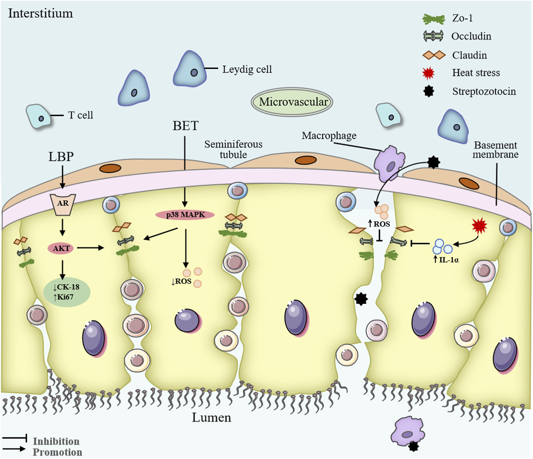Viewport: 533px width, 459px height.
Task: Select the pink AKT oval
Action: [61, 248]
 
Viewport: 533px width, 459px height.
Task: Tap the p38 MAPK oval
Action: [185, 215]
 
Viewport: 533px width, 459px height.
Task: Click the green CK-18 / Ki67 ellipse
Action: [67, 292]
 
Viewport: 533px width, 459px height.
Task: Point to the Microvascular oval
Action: [292, 102]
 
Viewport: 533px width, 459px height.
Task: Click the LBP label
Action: [61, 157]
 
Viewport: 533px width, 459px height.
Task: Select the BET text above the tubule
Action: [185, 126]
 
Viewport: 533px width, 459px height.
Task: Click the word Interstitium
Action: [40, 13]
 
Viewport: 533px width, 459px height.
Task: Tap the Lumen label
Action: [211, 417]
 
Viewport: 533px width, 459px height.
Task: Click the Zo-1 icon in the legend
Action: [434, 19]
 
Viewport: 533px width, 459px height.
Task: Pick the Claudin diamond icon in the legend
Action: [434, 55]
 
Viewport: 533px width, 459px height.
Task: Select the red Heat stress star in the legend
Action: [428, 73]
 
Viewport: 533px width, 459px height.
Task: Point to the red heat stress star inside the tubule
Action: [479, 226]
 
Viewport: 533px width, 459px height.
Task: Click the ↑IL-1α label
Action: [447, 260]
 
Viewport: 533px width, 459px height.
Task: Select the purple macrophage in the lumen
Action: [407, 432]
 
